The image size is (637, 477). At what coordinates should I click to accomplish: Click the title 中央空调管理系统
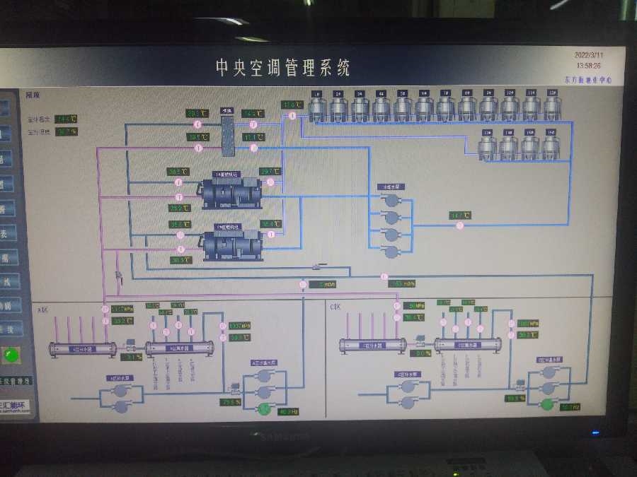coord(282,68)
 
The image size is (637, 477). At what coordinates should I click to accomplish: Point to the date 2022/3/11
coord(590,54)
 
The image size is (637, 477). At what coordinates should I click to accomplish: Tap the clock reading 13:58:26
coord(588,65)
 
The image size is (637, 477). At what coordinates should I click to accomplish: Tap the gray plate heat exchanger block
coord(227,135)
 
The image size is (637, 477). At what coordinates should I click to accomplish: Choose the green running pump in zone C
coord(546,405)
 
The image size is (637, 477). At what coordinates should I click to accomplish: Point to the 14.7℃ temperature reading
coord(460,215)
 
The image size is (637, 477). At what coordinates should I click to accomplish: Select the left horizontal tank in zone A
coord(83,348)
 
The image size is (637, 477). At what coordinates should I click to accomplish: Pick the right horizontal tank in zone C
coord(468,346)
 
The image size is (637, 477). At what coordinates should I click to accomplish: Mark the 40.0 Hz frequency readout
coord(288,411)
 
